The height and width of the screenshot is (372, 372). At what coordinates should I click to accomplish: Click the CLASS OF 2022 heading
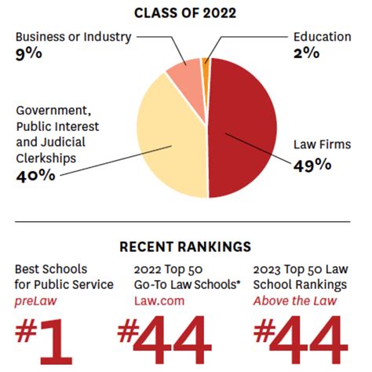(185, 13)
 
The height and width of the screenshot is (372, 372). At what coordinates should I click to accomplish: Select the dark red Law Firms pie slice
(243, 126)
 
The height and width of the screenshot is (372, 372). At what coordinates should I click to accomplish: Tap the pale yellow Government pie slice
(169, 141)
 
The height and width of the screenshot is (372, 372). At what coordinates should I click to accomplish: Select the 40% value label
(35, 175)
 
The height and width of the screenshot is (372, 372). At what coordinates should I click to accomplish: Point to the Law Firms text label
(322, 145)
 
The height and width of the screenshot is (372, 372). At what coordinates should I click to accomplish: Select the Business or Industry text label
(73, 37)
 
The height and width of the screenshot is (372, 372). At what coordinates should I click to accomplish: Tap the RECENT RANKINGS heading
(185, 246)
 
